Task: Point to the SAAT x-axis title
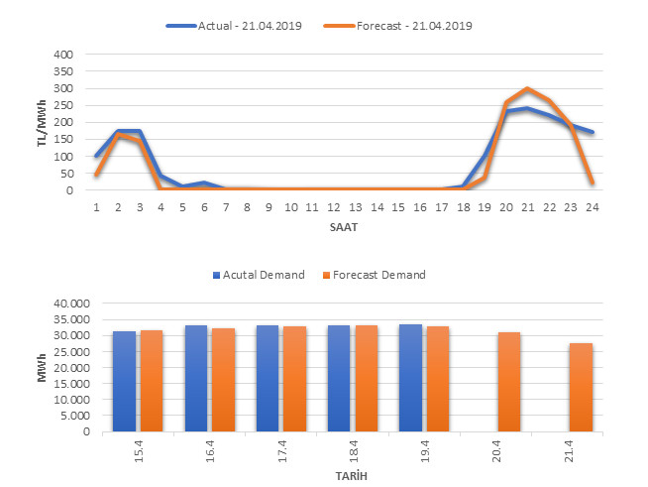[344, 227]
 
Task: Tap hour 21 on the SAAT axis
[528, 207]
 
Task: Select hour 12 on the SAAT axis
[333, 207]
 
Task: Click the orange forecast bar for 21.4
[581, 387]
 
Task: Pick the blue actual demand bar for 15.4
[124, 381]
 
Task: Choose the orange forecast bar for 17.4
[294, 379]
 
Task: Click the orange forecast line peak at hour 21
[528, 88]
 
